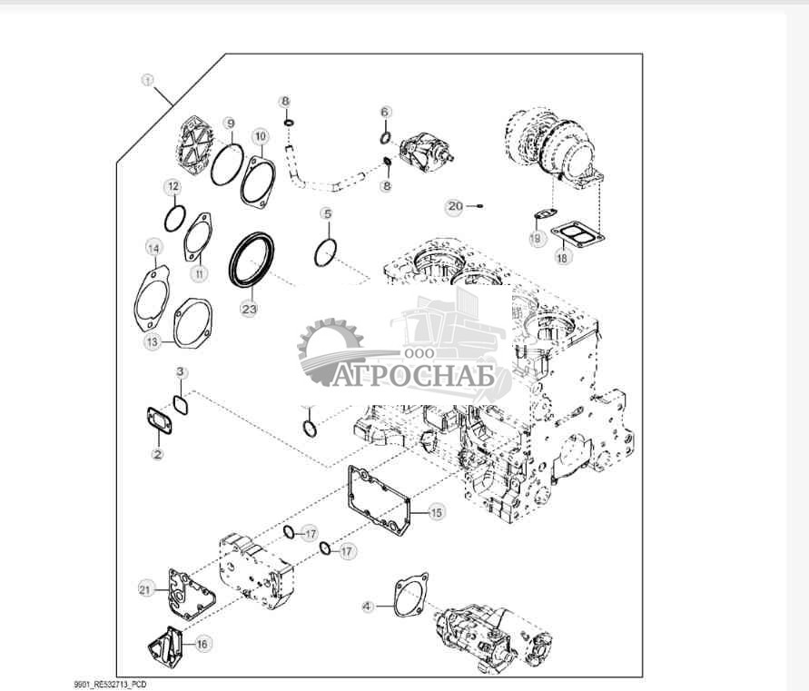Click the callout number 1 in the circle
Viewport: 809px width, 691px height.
[x=148, y=81]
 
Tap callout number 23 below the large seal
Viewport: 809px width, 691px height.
[x=249, y=309]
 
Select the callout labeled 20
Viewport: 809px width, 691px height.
[x=455, y=206]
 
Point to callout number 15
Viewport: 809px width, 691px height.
[x=437, y=512]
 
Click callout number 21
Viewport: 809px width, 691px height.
[x=146, y=588]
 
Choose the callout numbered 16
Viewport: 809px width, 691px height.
[x=202, y=644]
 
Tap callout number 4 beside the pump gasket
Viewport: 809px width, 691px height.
[x=368, y=607]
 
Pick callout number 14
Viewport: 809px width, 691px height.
[x=153, y=248]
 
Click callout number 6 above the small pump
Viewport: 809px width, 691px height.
[x=385, y=112]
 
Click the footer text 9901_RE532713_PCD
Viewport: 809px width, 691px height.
[x=111, y=685]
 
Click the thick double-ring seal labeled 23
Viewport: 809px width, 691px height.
[x=252, y=261]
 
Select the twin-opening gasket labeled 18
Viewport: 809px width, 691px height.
[x=577, y=235]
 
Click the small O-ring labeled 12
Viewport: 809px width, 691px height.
[x=175, y=219]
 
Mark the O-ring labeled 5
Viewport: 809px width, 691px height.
[x=326, y=253]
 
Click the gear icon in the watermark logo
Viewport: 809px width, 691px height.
[x=331, y=352]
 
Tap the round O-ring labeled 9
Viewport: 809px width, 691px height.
[x=227, y=165]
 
